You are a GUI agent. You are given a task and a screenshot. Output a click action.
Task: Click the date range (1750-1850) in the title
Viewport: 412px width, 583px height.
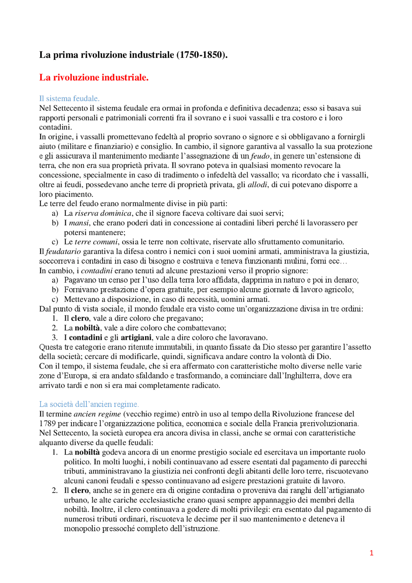pos(201,55)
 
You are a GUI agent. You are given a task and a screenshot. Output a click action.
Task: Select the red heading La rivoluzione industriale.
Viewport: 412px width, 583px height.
pos(94,77)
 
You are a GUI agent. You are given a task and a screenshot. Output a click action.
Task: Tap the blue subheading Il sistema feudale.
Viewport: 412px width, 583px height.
pos(69,98)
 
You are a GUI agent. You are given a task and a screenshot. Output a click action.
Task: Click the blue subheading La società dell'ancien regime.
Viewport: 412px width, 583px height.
pos(89,404)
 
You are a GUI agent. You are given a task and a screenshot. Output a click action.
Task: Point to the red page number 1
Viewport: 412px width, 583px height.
pos(371,553)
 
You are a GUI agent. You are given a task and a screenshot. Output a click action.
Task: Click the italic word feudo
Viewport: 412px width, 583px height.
pos(260,156)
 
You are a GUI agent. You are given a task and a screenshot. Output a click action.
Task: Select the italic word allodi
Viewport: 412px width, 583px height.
pos(257,185)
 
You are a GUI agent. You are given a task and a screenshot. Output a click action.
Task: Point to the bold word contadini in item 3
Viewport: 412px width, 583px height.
pos(85,338)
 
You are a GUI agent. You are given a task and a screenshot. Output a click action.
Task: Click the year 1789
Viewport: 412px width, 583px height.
pos(47,423)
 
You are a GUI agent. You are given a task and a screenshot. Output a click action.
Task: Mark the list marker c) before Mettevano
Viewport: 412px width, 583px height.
pos(55,299)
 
